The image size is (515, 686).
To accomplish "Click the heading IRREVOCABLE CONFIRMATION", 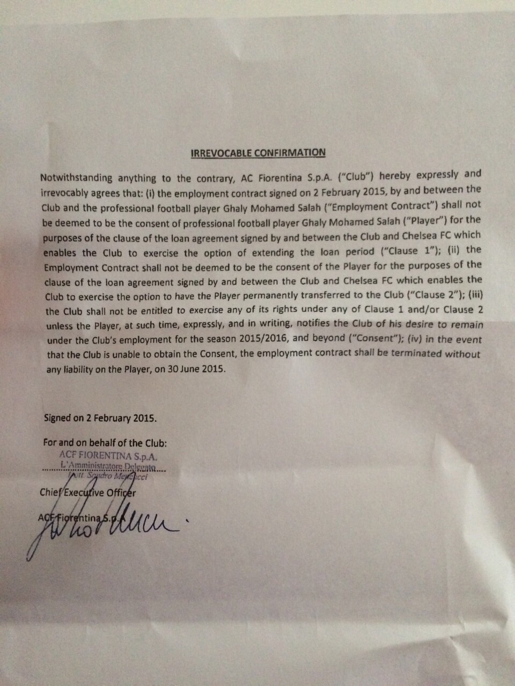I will [258, 153].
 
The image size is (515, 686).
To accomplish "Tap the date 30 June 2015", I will [200, 369].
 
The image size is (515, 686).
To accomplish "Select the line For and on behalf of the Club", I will [105, 443].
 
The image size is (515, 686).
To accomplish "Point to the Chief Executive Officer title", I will [87, 493].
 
